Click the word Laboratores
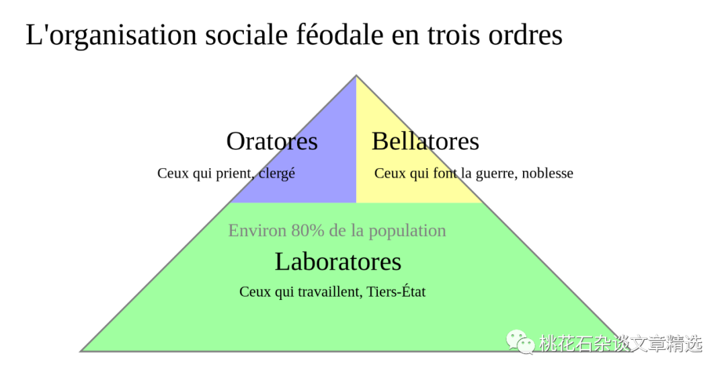coord(337,262)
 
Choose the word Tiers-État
coord(396,292)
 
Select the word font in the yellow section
coord(446,173)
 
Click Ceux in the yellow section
coord(390,173)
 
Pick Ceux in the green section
coord(255,292)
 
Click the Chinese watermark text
coord(620,343)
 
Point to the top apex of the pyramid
coord(356,75)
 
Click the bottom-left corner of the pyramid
coord(81,350)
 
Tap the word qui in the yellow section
coord(419,173)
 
